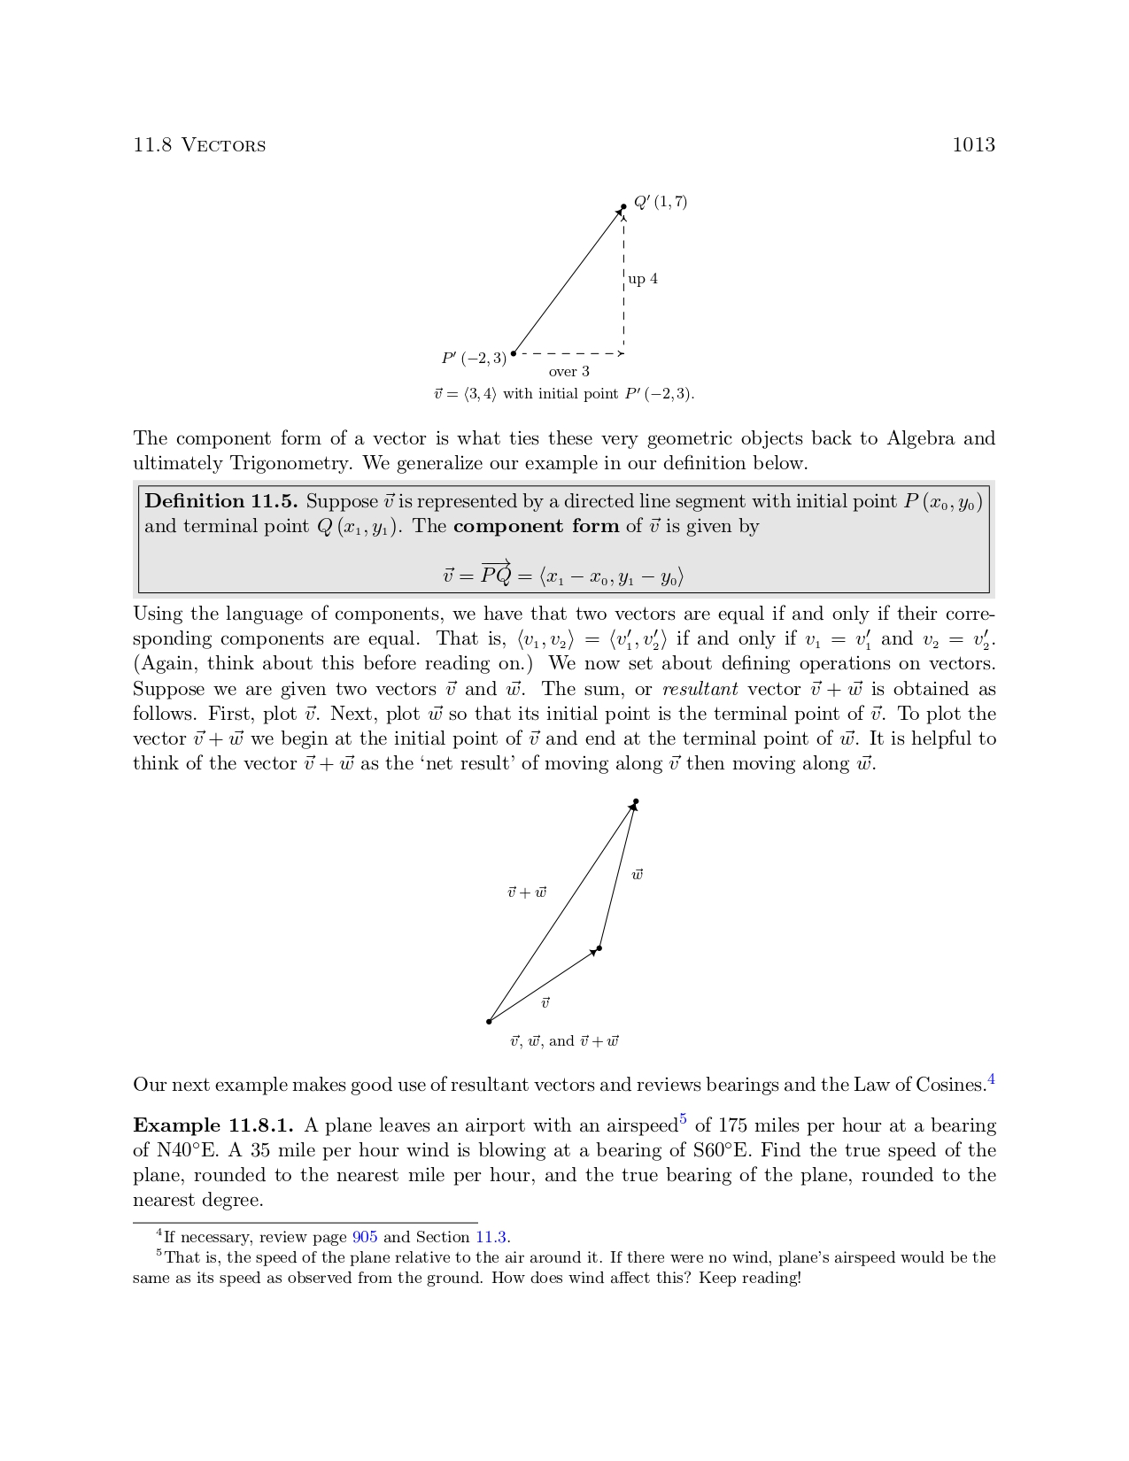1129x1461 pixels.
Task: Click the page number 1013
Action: tap(973, 145)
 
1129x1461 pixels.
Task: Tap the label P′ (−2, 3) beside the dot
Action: tap(474, 359)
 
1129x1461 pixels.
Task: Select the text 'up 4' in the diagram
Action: tap(643, 279)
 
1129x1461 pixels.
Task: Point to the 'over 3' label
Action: tap(568, 372)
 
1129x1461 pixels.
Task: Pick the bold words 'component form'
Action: tap(536, 526)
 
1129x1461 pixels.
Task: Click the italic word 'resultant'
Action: tap(700, 689)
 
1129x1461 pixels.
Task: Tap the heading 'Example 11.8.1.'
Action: tap(213, 1125)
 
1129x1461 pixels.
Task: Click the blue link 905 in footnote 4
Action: tap(365, 1237)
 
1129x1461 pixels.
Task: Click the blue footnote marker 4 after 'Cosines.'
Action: tap(992, 1078)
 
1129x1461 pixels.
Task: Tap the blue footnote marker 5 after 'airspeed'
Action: tap(683, 1119)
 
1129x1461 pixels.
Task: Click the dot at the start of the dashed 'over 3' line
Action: tap(514, 353)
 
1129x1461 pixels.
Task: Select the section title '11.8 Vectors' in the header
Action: tap(199, 145)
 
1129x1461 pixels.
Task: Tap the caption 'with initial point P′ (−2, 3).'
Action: tap(599, 394)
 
